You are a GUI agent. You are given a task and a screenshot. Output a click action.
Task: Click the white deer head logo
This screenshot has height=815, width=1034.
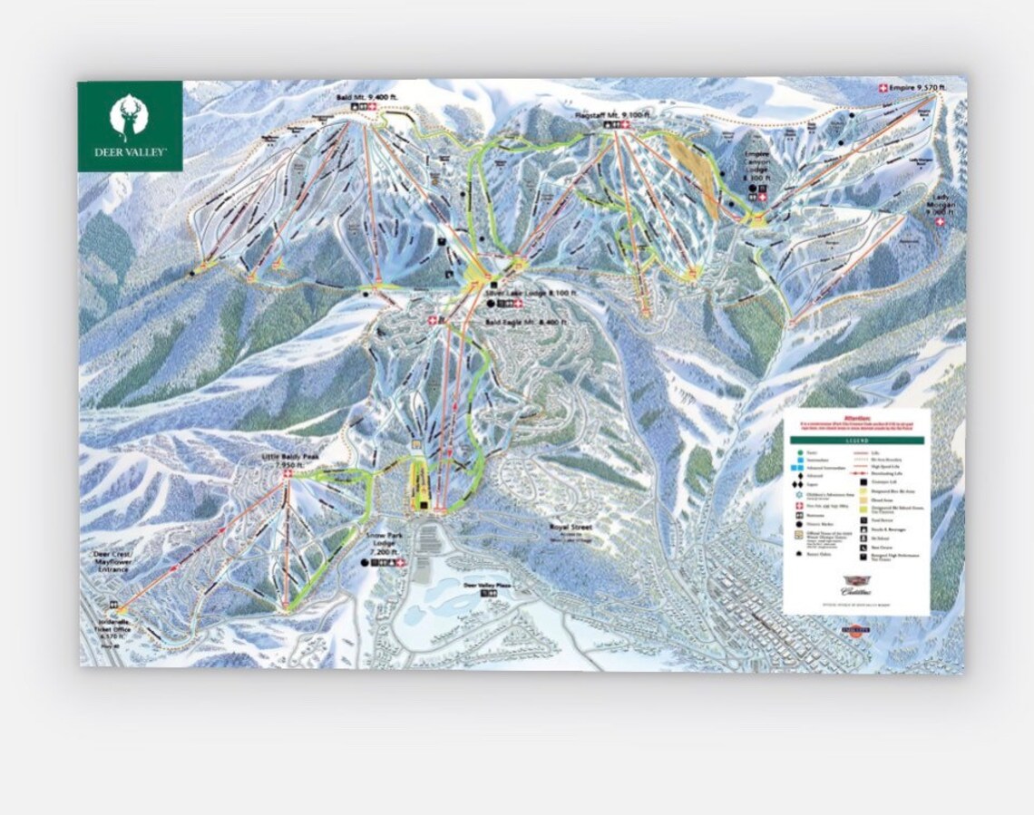click(130, 117)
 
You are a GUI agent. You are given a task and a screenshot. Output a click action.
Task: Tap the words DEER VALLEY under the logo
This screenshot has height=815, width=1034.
click(130, 152)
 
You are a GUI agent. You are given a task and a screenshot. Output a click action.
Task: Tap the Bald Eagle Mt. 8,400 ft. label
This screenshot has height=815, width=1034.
click(525, 322)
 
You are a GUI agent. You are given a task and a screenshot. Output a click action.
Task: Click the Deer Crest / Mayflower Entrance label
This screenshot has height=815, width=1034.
click(112, 564)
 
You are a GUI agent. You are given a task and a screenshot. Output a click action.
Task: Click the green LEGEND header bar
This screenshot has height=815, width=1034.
click(856, 440)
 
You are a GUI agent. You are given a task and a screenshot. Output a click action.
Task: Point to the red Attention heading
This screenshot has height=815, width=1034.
click(856, 418)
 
